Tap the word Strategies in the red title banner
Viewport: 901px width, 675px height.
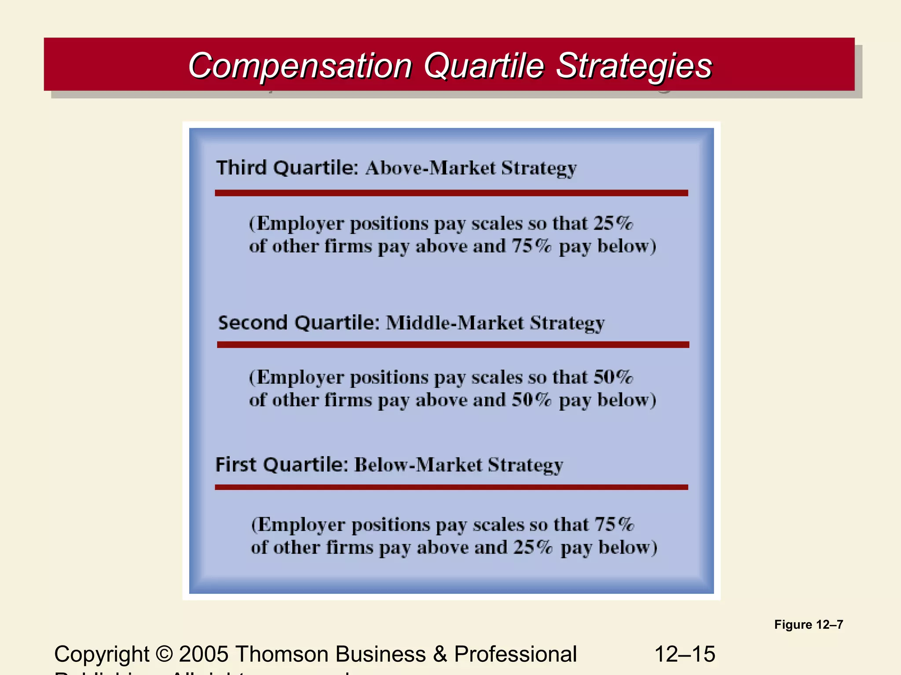[634, 66]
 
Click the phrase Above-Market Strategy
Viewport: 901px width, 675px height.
[471, 169]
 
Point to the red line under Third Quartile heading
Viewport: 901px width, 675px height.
[451, 193]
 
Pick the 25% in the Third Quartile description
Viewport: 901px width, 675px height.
[613, 224]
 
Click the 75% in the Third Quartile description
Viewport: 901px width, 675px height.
[531, 246]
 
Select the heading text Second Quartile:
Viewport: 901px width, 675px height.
[299, 323]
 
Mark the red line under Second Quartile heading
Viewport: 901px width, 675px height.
[453, 345]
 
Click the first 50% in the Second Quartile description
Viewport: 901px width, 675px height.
[613, 377]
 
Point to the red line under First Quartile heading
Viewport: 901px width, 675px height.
[451, 487]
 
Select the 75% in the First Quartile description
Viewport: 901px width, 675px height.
[614, 525]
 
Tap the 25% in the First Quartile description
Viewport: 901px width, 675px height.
[533, 548]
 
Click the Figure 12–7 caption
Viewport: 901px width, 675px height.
[809, 624]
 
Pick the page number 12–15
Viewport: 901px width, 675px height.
[685, 654]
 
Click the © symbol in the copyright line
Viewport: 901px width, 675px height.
[164, 654]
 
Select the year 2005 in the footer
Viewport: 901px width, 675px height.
[204, 654]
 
